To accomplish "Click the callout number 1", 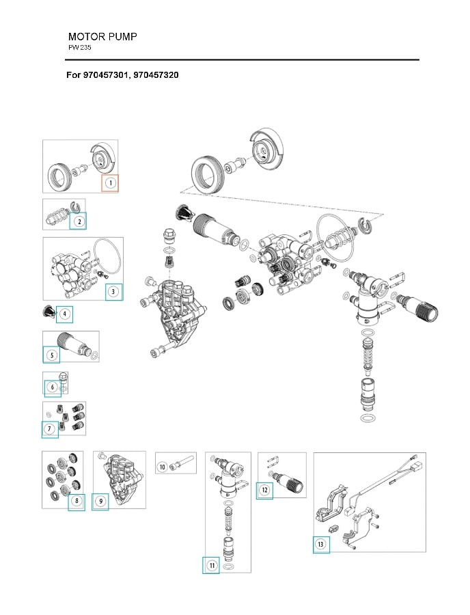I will tap(110, 183).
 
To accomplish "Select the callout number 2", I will tap(79, 221).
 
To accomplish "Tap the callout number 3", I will tap(114, 292).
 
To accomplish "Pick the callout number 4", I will tap(64, 314).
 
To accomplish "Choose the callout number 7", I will tap(49, 429).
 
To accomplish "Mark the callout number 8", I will tap(77, 502).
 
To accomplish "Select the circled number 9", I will tap(100, 502).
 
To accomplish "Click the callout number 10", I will tap(163, 467).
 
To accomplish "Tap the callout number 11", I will tap(211, 566).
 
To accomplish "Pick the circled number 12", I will tap(264, 490).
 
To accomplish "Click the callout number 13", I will tap(321, 544).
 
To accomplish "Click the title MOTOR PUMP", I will tap(102, 36).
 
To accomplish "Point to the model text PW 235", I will tap(80, 48).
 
